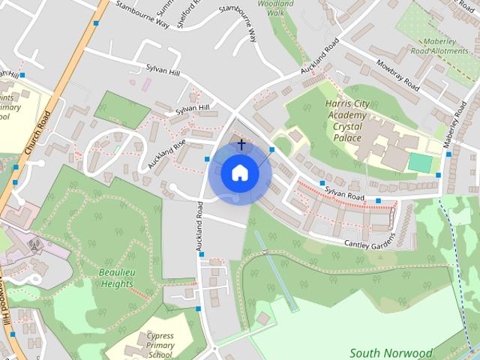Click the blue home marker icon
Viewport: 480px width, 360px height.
[240, 173]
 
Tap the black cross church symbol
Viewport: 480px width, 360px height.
[241, 143]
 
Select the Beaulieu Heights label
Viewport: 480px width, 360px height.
[115, 278]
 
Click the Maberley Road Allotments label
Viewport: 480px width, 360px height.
[445, 46]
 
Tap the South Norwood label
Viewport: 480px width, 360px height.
[391, 352]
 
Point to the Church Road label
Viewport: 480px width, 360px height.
[37, 132]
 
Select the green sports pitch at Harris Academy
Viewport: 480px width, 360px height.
[420, 162]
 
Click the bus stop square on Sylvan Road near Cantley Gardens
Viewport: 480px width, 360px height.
[378, 200]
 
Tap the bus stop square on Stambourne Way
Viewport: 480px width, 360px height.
[97, 23]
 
